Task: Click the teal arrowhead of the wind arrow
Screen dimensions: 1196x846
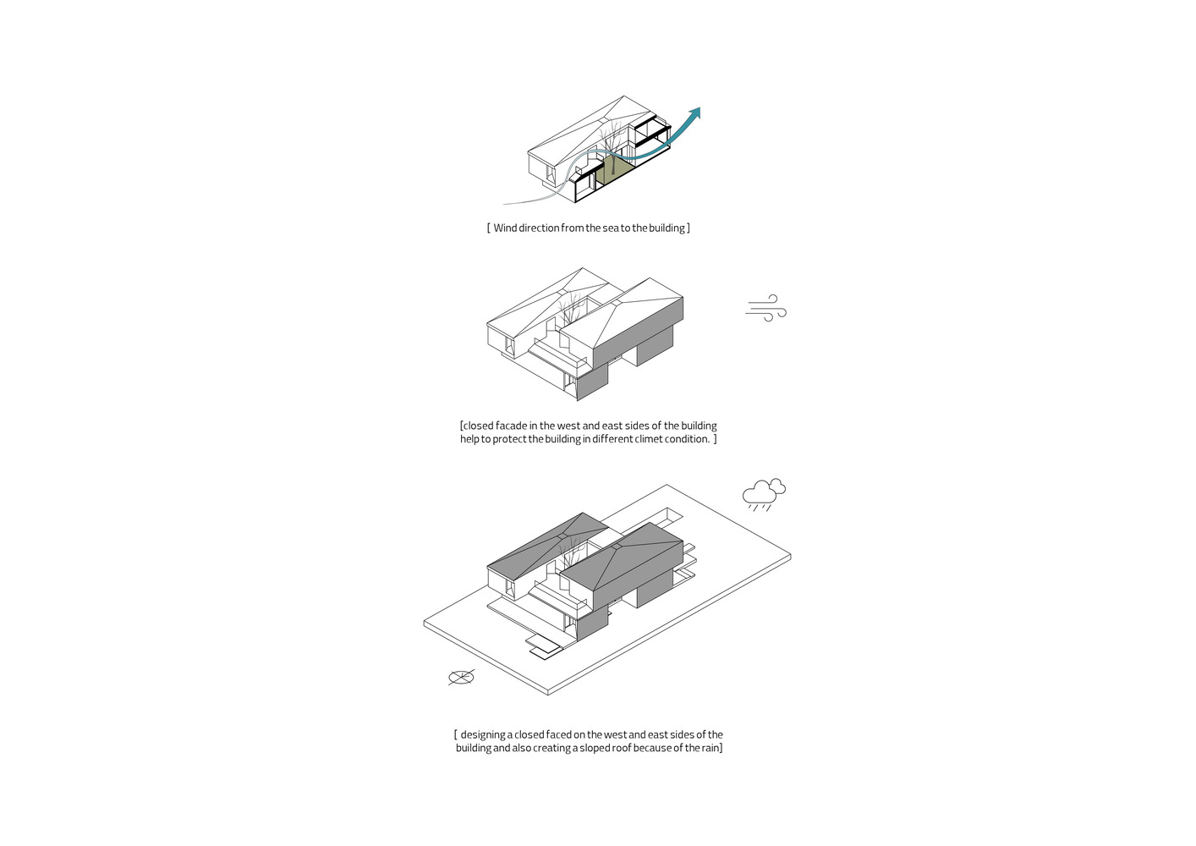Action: coord(694,113)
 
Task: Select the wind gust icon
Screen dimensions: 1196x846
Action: coord(765,308)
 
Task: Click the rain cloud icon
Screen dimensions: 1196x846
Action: coord(764,494)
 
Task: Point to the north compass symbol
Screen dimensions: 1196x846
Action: coord(461,678)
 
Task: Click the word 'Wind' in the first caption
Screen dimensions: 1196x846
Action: coord(505,228)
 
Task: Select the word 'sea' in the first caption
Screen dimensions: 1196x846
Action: coord(611,228)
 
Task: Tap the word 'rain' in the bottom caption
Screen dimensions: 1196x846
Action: coord(710,748)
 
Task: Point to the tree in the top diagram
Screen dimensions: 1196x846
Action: coord(612,144)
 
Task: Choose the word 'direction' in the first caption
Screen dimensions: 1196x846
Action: coord(539,228)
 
